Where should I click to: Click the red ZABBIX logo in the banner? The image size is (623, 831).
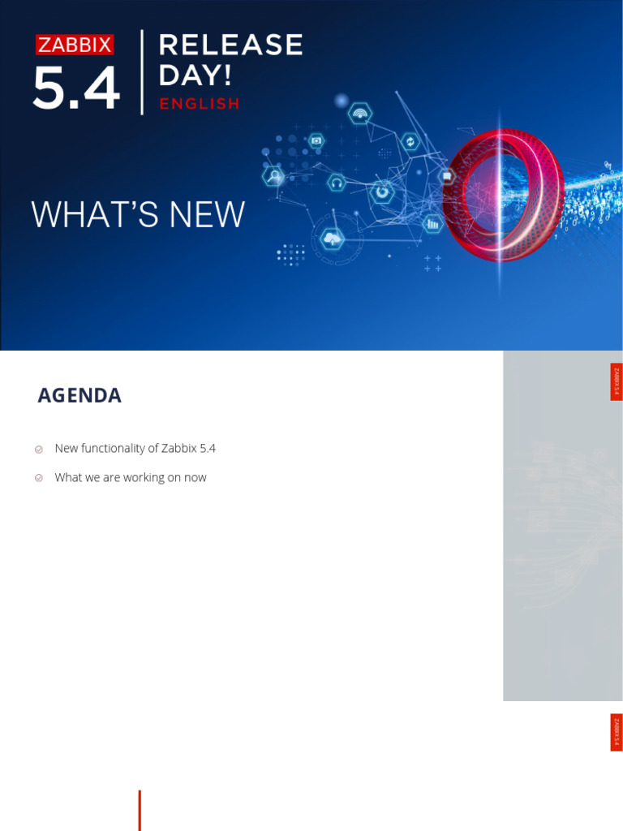click(x=75, y=45)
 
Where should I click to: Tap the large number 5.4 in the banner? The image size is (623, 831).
click(x=76, y=89)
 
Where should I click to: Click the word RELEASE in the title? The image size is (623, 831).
click(x=231, y=45)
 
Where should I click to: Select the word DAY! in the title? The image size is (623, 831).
click(x=195, y=75)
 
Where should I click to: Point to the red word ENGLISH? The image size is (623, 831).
click(x=200, y=104)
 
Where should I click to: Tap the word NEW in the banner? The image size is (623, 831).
click(x=206, y=215)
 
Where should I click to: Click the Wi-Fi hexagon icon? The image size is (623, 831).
click(x=359, y=113)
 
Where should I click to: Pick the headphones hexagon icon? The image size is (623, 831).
click(x=336, y=183)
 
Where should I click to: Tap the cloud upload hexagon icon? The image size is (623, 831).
click(x=332, y=239)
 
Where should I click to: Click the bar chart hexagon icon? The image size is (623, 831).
click(x=432, y=223)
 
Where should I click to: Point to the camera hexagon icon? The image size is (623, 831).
click(x=316, y=140)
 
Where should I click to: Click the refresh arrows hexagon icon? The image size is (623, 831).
click(x=410, y=142)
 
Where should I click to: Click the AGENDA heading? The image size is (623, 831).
click(x=79, y=396)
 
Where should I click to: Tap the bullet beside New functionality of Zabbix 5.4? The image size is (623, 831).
click(x=39, y=449)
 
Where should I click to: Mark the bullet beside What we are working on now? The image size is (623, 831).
click(x=39, y=478)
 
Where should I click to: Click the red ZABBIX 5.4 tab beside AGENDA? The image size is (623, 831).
click(x=617, y=381)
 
